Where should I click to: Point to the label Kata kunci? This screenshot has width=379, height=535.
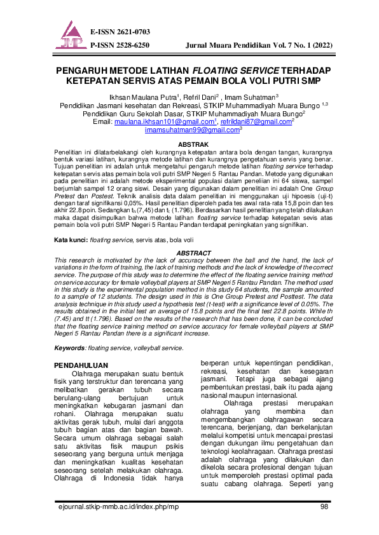click(x=70, y=241)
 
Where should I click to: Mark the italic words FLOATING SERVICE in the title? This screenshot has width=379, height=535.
click(x=230, y=72)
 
